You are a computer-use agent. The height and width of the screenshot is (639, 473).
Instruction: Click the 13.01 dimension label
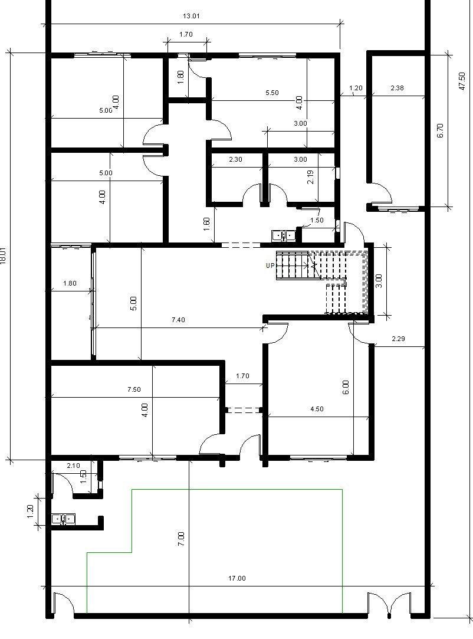click(191, 17)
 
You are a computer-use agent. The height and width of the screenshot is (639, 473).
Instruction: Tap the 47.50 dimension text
click(462, 81)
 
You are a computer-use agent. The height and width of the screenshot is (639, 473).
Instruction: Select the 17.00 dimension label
click(236, 578)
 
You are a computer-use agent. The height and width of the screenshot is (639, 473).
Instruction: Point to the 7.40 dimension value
click(178, 320)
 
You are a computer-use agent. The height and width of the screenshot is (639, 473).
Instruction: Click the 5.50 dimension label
click(272, 93)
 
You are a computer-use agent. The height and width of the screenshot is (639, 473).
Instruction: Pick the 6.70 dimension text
click(440, 130)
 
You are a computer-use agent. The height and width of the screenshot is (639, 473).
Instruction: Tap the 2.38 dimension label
click(398, 87)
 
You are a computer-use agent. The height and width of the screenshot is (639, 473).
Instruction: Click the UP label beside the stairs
click(270, 266)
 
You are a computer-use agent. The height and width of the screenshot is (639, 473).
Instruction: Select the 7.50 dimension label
click(134, 389)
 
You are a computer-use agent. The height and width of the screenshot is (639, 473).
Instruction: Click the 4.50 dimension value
click(317, 409)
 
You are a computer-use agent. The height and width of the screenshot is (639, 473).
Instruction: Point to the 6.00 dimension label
click(346, 387)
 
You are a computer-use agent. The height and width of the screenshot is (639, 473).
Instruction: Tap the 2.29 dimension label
click(398, 338)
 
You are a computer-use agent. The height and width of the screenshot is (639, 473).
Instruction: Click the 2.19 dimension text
click(310, 177)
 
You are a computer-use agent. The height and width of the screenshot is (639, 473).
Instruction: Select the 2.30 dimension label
click(235, 159)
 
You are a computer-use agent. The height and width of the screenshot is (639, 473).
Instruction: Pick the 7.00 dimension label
click(181, 539)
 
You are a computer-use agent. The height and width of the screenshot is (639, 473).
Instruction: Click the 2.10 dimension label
click(73, 466)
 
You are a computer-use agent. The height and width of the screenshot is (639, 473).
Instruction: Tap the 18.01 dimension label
click(4, 256)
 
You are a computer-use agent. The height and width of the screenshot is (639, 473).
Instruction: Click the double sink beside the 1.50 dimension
click(284, 235)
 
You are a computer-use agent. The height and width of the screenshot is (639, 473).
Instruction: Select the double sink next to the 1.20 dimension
click(64, 519)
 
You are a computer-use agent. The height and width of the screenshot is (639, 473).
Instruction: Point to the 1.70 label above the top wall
click(186, 34)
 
